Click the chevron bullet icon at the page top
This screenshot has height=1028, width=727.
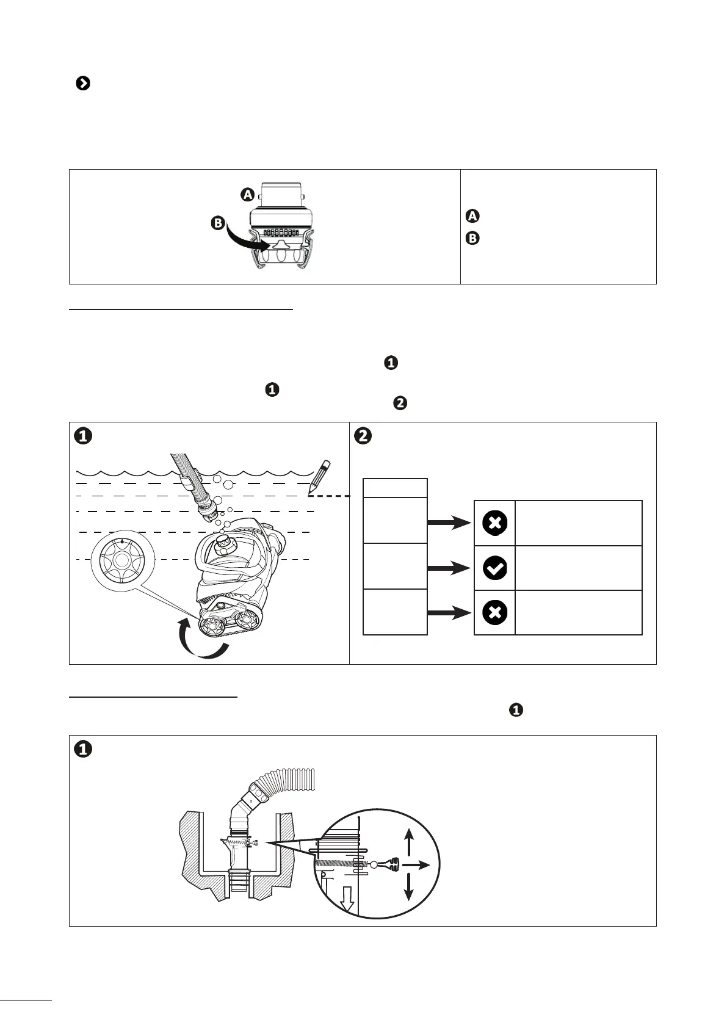pyautogui.click(x=82, y=84)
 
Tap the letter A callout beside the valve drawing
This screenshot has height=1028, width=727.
pyautogui.click(x=247, y=195)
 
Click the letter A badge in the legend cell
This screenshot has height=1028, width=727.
pyautogui.click(x=472, y=215)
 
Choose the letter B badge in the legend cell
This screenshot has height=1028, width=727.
pyautogui.click(x=472, y=239)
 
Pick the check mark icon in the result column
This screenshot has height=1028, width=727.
pyautogui.click(x=494, y=568)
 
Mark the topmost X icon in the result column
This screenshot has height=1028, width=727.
pyautogui.click(x=494, y=523)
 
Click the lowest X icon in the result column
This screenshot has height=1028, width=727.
pyautogui.click(x=494, y=613)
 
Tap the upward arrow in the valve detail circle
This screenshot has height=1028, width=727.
pyautogui.click(x=409, y=843)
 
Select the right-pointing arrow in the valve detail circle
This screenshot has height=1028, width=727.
pyautogui.click(x=416, y=865)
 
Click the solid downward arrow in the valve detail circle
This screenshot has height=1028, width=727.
pyautogui.click(x=409, y=888)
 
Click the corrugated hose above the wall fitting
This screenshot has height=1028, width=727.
pyautogui.click(x=287, y=784)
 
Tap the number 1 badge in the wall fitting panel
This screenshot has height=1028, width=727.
pyautogui.click(x=83, y=749)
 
